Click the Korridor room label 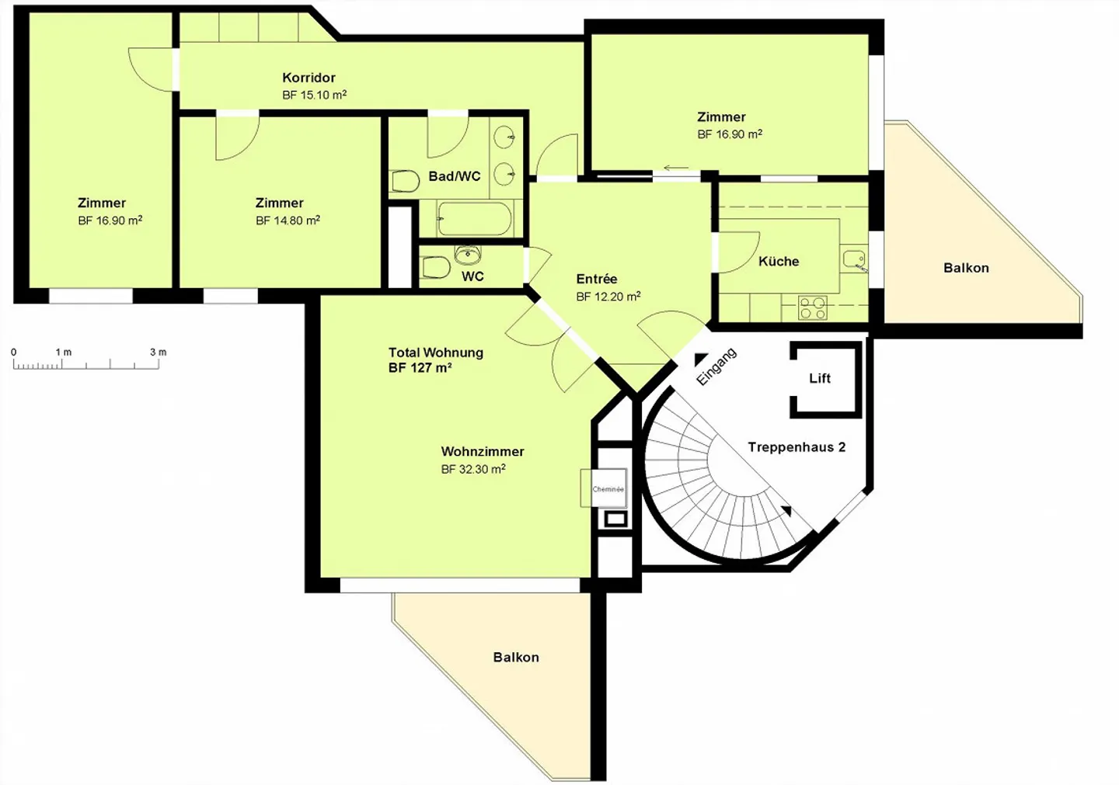tap(309, 78)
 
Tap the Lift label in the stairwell tap(820, 378)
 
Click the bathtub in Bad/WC tap(474, 219)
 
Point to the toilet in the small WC tap(435, 268)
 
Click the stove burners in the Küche tap(813, 308)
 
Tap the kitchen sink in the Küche tap(854, 259)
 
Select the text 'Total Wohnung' tap(435, 353)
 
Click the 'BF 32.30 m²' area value tap(472, 469)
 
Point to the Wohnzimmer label tap(483, 451)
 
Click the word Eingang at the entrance tap(716, 366)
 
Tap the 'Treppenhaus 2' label tap(797, 447)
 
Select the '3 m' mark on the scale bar tap(158, 353)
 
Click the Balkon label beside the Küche tap(966, 268)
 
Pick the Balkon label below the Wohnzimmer tap(516, 657)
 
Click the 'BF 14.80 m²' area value tap(288, 221)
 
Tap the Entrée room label tap(597, 279)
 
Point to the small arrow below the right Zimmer tap(675, 168)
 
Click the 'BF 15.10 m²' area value tap(314, 95)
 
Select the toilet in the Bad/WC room tap(405, 182)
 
